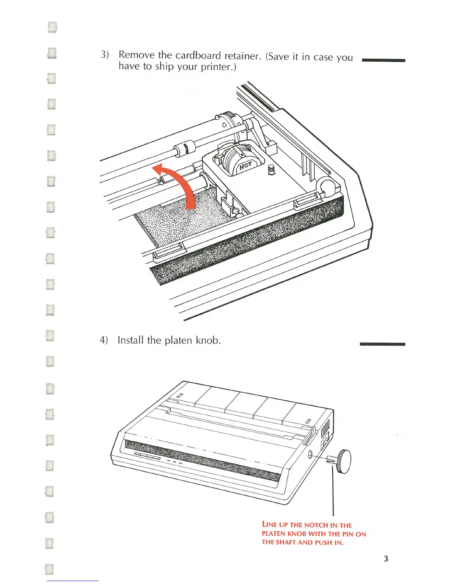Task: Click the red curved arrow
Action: point(184,184)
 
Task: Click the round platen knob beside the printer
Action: point(345,461)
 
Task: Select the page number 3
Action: point(385,559)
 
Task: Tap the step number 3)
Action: point(105,55)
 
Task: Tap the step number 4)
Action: point(104,340)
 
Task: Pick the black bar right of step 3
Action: point(384,60)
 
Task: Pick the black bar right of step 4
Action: point(382,344)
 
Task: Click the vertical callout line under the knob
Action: point(333,490)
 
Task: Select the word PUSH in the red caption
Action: point(325,542)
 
